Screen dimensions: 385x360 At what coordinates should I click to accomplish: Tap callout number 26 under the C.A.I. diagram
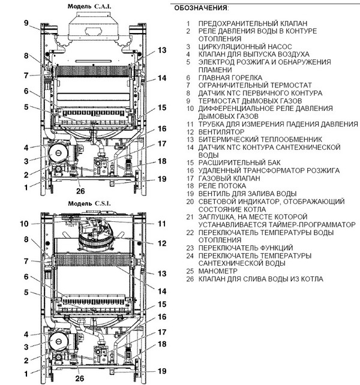pyautogui.click(x=80, y=192)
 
